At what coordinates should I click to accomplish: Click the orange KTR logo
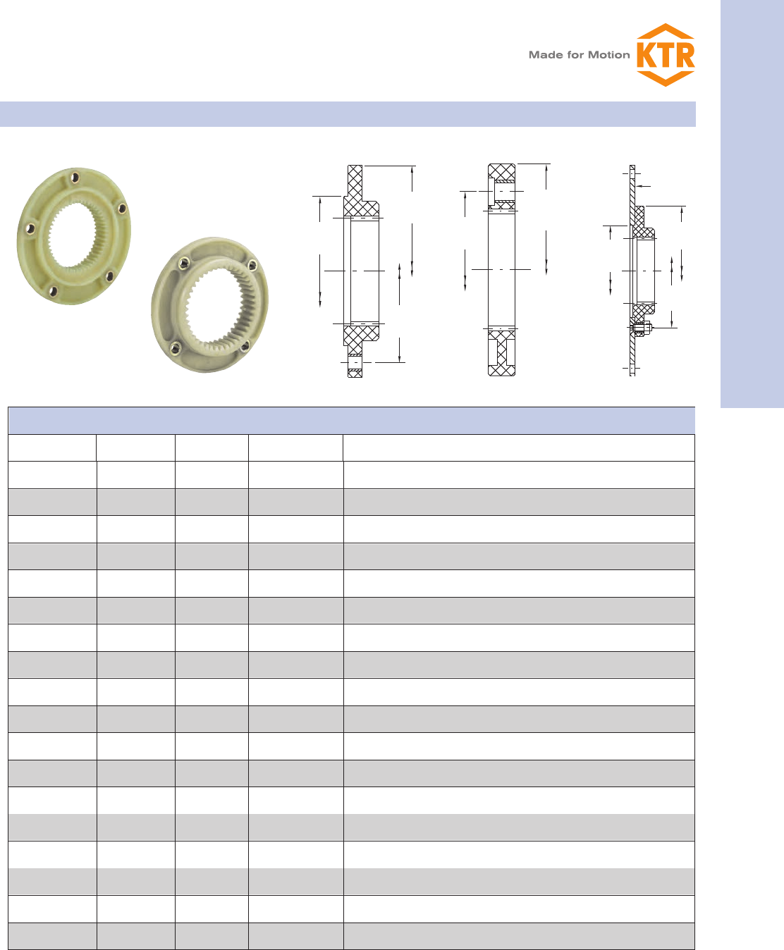click(665, 55)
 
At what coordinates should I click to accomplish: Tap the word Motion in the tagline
click(608, 55)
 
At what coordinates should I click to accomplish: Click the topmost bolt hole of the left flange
click(75, 177)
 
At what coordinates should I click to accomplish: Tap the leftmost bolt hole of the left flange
click(30, 228)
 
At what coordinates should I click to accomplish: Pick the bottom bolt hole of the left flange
click(54, 291)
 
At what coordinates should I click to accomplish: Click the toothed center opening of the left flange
click(72, 234)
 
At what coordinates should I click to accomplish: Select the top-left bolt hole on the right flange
click(183, 262)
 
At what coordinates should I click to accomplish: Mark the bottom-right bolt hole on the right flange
click(245, 347)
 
